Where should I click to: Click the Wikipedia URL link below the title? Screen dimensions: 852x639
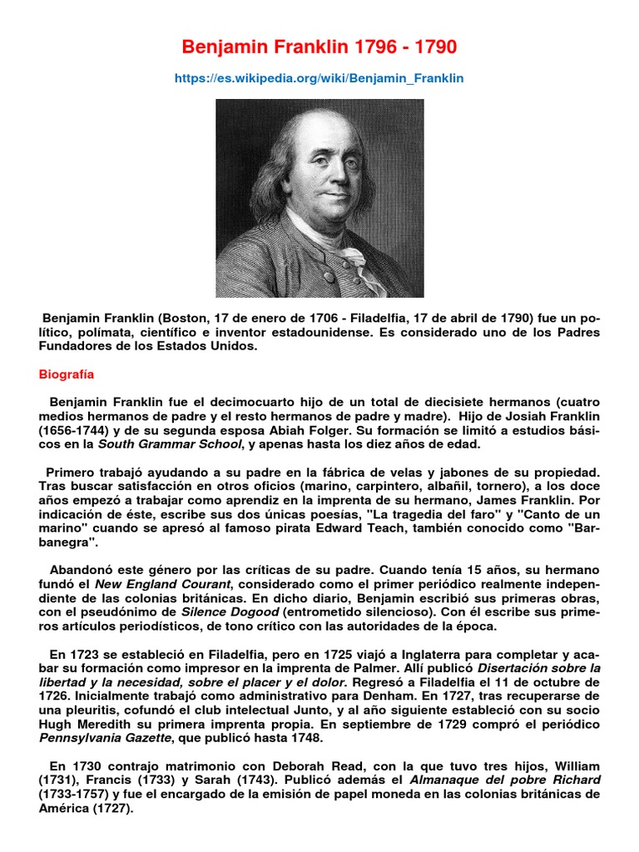coord(319,78)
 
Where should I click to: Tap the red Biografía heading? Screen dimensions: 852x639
coord(67,374)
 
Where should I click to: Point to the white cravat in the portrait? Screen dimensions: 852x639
coord(349,262)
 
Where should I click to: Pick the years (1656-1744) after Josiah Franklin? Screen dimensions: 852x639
coord(72,431)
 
